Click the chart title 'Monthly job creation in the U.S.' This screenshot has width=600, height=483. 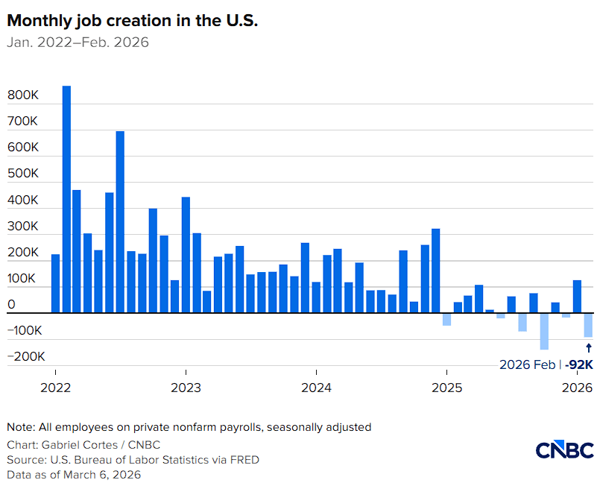132,21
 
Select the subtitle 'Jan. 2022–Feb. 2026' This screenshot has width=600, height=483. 78,42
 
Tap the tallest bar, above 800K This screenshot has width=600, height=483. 66,199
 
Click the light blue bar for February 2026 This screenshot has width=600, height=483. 588,325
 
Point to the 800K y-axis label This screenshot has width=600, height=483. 23,95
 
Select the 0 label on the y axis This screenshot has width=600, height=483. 11,304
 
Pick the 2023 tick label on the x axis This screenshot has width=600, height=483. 186,388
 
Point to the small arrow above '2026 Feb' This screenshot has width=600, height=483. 588,347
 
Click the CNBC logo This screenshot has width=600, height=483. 565,449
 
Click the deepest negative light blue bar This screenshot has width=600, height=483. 545,331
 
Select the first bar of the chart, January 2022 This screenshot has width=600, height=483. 55,283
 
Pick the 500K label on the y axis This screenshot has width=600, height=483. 23,174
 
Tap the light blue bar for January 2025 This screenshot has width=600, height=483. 446,319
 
